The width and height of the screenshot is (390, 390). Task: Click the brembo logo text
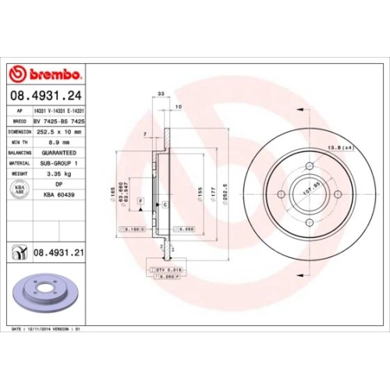52,74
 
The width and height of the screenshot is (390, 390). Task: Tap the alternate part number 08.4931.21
58,252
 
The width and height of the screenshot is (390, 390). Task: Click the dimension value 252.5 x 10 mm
60,133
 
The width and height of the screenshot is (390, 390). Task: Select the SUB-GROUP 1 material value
59,164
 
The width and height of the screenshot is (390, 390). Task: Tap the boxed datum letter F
140,201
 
